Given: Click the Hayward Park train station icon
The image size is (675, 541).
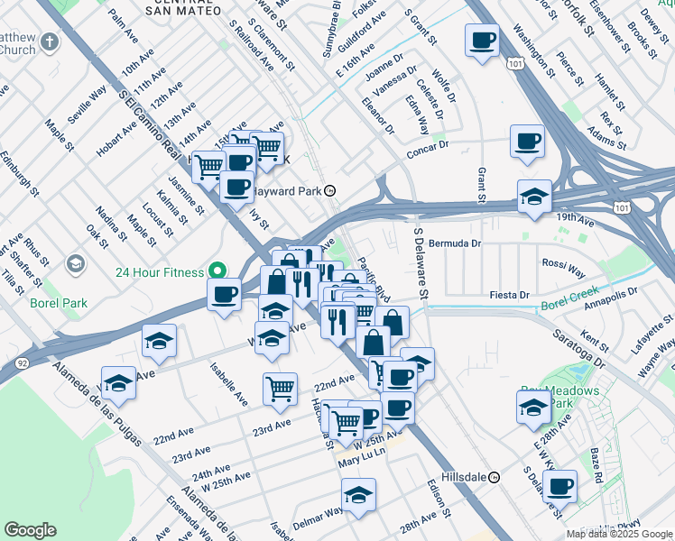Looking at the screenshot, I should (x=330, y=191).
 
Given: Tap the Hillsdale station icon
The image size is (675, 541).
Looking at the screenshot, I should (x=494, y=477).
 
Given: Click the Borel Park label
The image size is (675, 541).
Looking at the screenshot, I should (x=58, y=303).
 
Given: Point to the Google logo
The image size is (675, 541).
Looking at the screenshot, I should (x=30, y=530).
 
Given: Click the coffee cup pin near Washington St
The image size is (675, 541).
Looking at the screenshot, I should (x=483, y=41).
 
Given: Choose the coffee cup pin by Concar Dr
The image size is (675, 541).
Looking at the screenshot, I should (x=527, y=142).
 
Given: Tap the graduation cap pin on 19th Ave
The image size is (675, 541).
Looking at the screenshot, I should (x=534, y=197).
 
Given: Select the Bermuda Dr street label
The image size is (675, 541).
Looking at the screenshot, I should (x=458, y=243).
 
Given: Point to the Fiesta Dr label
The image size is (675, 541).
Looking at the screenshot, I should (x=509, y=295).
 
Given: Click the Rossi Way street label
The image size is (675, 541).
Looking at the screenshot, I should (x=564, y=267).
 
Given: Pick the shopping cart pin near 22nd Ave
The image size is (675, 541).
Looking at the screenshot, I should (x=280, y=389).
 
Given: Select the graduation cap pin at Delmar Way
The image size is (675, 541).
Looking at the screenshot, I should (x=358, y=494).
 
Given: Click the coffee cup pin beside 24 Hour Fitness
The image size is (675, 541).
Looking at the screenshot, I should (x=224, y=294).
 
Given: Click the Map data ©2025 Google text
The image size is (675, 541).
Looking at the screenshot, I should (x=618, y=533).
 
